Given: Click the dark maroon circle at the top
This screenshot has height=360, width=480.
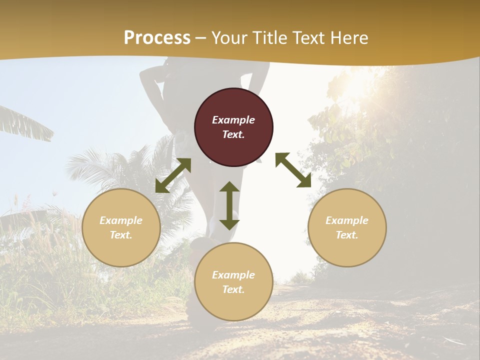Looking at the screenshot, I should coord(233,127).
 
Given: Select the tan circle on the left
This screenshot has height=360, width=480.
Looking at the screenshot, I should coord(121,227).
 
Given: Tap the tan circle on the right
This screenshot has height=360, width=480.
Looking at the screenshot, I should coord(347,227).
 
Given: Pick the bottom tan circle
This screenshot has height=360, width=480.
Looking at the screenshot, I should coord(233,282).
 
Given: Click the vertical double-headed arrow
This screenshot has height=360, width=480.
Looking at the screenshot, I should coord(229,205).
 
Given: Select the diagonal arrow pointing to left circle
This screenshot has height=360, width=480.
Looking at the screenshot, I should coord(173,175).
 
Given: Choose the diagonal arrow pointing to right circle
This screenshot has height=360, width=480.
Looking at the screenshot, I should coord(293,170).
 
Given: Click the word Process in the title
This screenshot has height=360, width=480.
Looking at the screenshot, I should coord(157,37).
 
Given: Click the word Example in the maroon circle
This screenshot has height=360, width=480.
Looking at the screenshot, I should coord(233,120).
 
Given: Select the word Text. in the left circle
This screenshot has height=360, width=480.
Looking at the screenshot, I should coord(121,235).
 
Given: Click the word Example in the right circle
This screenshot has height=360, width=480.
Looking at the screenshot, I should coord(347,220).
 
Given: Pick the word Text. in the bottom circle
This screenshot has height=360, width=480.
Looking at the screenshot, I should coord(233,289).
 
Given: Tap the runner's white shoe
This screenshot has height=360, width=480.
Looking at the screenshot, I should coord(220,222).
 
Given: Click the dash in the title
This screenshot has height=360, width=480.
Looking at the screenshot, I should coord(201,38).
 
